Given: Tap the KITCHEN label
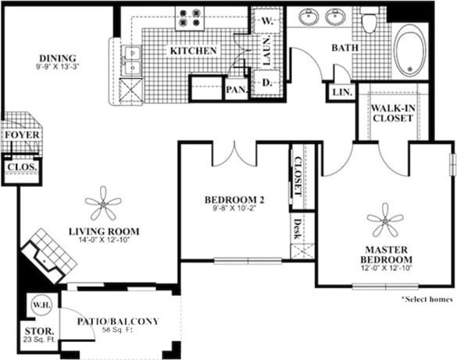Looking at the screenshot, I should click(x=193, y=51).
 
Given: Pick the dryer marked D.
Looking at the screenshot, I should click(x=266, y=81).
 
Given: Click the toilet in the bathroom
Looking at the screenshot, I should click(x=370, y=20).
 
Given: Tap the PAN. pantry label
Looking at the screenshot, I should click(x=236, y=90).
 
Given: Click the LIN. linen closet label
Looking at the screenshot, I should click(x=341, y=92).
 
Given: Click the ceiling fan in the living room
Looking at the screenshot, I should click(x=103, y=207).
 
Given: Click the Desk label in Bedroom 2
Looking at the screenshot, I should click(x=297, y=228).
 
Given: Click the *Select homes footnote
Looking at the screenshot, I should click(x=427, y=299).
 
